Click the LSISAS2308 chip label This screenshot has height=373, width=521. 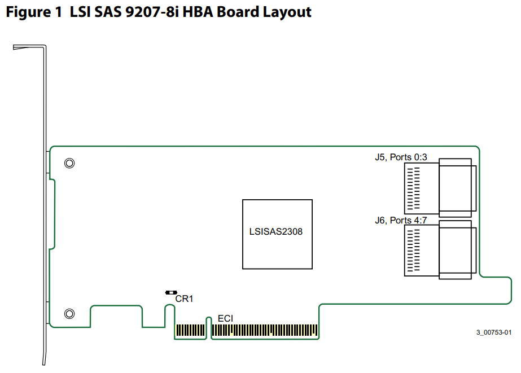276,232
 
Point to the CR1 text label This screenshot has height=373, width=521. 184,299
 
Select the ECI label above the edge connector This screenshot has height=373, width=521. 225,319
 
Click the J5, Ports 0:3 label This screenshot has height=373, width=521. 401,157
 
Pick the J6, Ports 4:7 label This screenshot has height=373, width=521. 401,220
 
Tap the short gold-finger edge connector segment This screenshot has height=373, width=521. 190,331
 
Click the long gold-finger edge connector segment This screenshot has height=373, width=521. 265,331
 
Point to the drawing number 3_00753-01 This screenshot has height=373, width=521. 493,332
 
